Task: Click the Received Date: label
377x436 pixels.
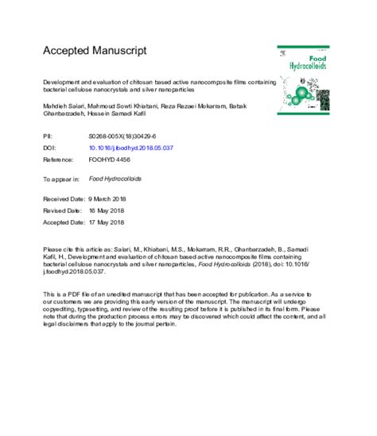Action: pyautogui.click(x=64, y=199)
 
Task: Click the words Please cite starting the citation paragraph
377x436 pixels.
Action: pyautogui.click(x=59, y=249)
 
